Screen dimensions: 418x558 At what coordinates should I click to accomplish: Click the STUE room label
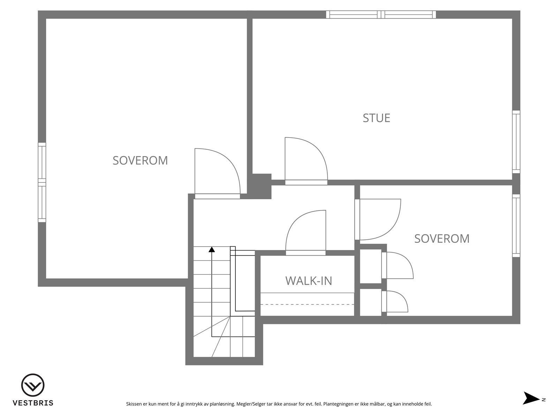376,118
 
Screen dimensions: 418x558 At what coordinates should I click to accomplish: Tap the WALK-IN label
309,280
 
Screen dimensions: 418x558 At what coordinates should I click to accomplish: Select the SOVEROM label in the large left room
140,160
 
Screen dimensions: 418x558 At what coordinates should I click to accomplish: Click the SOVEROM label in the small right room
442,239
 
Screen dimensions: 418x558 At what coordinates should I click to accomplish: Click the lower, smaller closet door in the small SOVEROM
394,302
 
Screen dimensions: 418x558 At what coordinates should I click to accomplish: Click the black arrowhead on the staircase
212,249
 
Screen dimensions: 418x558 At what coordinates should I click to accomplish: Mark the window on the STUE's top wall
381,14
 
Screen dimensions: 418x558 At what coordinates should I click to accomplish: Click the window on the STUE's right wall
516,142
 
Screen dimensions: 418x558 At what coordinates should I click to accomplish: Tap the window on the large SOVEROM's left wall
42,182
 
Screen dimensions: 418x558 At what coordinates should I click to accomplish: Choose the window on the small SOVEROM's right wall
516,225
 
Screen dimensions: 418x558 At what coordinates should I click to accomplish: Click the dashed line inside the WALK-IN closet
307,304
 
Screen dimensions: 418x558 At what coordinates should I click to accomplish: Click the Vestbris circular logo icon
33,386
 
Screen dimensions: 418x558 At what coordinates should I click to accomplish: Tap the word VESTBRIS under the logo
33,403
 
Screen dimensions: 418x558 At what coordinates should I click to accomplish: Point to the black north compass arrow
531,398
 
